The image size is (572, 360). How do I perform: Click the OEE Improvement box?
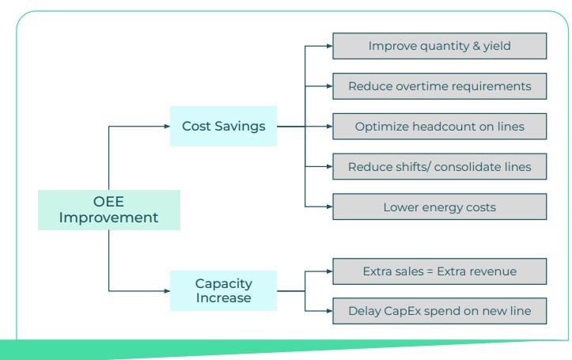pos(108,210)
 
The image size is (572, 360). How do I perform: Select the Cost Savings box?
pos(223,127)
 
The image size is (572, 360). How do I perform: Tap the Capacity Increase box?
pos(223,290)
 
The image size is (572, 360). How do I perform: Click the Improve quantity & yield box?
pos(440,46)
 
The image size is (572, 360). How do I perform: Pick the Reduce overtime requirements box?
pos(440,86)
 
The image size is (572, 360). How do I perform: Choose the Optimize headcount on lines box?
pos(440,127)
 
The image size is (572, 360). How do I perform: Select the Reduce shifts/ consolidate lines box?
pos(440,166)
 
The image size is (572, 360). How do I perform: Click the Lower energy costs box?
pos(440,207)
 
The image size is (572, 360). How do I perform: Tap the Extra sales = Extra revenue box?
pos(440,271)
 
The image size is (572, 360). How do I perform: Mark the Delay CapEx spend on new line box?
pos(440,311)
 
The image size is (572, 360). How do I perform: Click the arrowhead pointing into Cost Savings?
pos(167,127)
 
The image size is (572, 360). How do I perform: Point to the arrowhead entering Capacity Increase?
pos(167,290)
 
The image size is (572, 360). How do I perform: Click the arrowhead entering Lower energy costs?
pos(329,207)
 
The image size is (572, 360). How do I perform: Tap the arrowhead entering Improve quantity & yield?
pos(329,46)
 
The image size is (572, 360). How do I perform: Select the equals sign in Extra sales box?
pos(430,271)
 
